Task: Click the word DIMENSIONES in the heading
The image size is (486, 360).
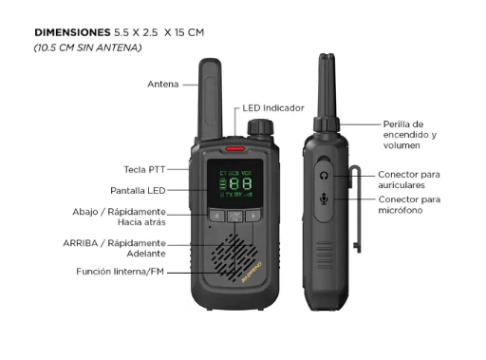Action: click(x=72, y=32)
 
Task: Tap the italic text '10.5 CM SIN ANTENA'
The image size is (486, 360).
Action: click(x=87, y=47)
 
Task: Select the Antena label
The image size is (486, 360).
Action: click(x=163, y=85)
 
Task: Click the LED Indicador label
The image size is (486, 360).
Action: click(x=273, y=108)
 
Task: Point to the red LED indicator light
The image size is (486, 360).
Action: click(x=235, y=148)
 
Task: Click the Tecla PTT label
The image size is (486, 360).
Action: click(x=144, y=170)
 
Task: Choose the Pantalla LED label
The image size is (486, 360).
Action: click(x=138, y=191)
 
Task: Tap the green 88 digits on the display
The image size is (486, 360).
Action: click(x=240, y=183)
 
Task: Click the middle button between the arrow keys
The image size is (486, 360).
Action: click(x=235, y=216)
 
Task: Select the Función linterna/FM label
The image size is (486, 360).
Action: click(x=121, y=272)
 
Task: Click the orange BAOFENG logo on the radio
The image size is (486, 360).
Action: click(x=252, y=273)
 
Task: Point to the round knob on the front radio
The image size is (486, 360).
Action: click(x=260, y=127)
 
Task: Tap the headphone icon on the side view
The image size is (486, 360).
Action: click(x=324, y=176)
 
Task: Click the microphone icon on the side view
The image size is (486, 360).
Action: click(x=324, y=199)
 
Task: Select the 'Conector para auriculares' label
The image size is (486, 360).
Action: click(x=409, y=180)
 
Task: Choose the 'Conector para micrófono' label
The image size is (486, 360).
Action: click(x=409, y=205)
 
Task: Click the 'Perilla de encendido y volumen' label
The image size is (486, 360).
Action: click(x=410, y=135)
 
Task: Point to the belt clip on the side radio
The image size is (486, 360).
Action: click(x=357, y=209)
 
